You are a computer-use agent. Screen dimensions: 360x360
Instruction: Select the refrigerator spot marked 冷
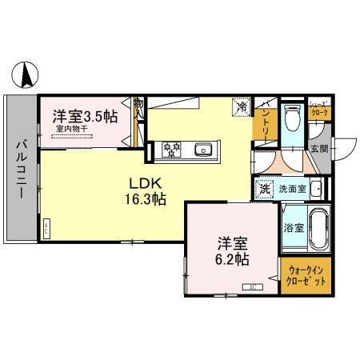pos(241,106)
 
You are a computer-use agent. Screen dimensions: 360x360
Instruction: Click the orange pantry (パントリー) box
pos(266,125)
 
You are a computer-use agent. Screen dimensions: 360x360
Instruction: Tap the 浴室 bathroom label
pos(294,227)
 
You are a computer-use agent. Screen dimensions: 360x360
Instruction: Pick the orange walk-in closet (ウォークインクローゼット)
pos(304,277)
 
